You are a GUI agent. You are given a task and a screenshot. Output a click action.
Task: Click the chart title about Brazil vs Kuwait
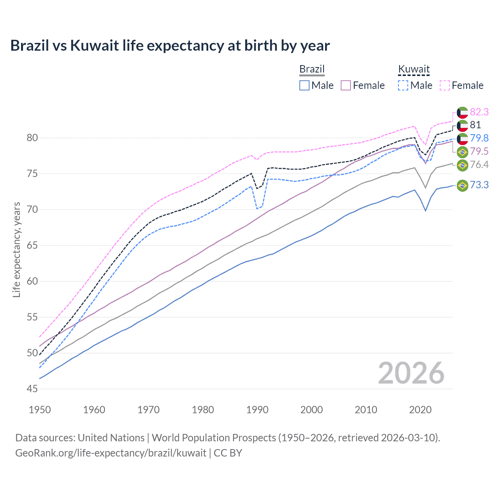pos(170,46)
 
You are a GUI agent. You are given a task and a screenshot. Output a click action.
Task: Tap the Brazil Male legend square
pos(304,85)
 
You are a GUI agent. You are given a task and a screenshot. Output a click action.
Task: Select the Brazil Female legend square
pos(346,85)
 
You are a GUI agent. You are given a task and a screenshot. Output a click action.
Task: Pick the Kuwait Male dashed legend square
pos(403,85)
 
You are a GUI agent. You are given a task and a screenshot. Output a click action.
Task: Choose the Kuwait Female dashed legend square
pos(445,85)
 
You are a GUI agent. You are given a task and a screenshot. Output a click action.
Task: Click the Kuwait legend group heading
pos(414,69)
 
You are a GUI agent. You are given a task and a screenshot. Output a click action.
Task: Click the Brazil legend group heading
pos(312,69)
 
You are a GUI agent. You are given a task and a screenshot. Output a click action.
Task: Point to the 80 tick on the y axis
pos(32,138)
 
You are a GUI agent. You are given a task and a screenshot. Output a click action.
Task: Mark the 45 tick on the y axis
pos(32,389)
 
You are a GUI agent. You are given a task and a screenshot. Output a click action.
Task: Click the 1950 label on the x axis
pos(40,410)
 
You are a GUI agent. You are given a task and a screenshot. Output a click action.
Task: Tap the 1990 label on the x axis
pos(257,410)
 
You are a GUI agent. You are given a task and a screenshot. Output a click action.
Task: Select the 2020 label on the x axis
pos(420,410)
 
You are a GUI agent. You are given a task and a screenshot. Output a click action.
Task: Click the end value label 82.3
pos(479,112)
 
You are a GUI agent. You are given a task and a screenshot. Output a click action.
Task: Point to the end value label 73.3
pos(479,185)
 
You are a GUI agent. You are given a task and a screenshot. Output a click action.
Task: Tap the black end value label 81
pos(475,125)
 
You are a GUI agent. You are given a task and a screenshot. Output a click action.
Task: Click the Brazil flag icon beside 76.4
pos(462,165)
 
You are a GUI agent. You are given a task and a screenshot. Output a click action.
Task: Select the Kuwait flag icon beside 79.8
pos(462,138)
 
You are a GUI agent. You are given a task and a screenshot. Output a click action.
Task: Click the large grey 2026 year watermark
pos(411,373)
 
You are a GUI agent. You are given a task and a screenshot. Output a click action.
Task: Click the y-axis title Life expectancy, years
pos(16,249)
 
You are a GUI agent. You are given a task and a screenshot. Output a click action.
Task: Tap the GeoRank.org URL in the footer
pos(111,453)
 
